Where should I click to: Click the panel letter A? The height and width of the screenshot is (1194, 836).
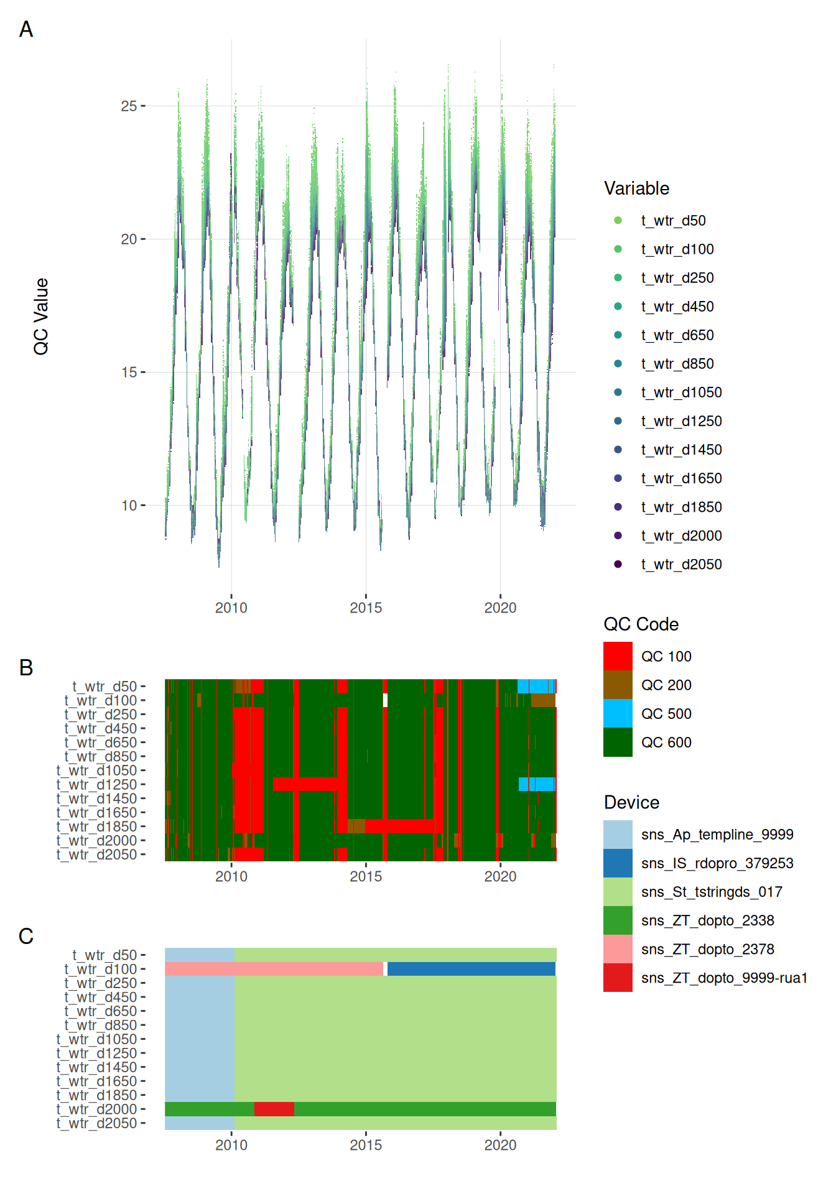[26, 29]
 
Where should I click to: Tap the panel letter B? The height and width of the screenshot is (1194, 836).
[26, 667]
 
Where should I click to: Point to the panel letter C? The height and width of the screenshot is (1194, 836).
[26, 936]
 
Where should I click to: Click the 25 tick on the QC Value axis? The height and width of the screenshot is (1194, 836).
[129, 106]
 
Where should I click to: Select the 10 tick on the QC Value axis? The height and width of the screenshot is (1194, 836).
[129, 505]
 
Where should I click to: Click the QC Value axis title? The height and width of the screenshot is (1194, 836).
[41, 317]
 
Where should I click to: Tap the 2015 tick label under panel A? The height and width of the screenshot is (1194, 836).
[366, 608]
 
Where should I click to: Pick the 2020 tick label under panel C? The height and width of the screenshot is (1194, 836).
[500, 1145]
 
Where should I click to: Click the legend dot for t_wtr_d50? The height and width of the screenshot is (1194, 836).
[618, 220]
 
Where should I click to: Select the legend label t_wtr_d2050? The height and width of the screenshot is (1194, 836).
[681, 564]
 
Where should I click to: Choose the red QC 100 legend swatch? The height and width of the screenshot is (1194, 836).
[618, 656]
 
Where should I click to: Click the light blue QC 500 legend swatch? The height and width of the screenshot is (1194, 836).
[618, 713]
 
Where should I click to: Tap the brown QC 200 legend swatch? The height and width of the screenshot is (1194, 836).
[618, 685]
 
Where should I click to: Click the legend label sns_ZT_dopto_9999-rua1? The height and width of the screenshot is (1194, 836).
[724, 978]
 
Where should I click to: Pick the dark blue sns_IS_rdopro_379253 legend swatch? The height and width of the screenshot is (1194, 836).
[618, 863]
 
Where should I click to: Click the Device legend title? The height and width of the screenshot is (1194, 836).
[631, 802]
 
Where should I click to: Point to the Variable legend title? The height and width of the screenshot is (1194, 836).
[636, 188]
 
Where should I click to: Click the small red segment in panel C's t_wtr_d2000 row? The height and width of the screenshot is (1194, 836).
[274, 1109]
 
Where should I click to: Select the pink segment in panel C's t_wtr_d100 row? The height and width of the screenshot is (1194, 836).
[274, 969]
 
